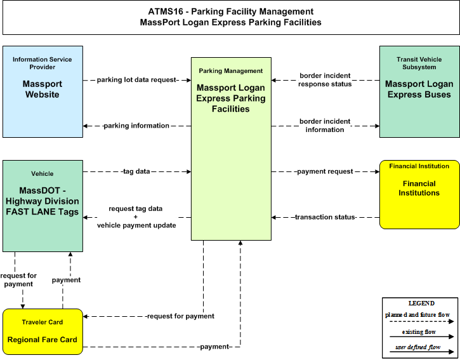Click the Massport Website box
pyautogui.click(x=43, y=91)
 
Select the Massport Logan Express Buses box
pyautogui.click(x=419, y=91)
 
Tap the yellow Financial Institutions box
pyautogui.click(x=419, y=194)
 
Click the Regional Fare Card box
pyautogui.click(x=43, y=331)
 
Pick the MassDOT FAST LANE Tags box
pyautogui.click(x=43, y=206)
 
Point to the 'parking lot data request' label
pyautogui.click(x=136, y=80)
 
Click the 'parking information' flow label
pyautogui.click(x=136, y=126)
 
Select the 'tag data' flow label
pyautogui.click(x=136, y=171)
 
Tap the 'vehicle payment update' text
pyautogui.click(x=136, y=225)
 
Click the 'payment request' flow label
pyautogui.click(x=325, y=171)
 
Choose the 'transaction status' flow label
pyautogui.click(x=325, y=217)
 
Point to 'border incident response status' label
pyautogui.click(x=325, y=80)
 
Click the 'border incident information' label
pyautogui.click(x=325, y=126)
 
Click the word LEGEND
pyautogui.click(x=421, y=303)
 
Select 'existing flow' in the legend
pyautogui.click(x=419, y=332)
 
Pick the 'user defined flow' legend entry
pyautogui.click(x=418, y=347)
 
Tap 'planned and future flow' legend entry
pyautogui.click(x=417, y=315)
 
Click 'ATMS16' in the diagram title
pyautogui.click(x=166, y=11)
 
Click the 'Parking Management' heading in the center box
pyautogui.click(x=231, y=70)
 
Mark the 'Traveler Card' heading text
pyautogui.click(x=43, y=322)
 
